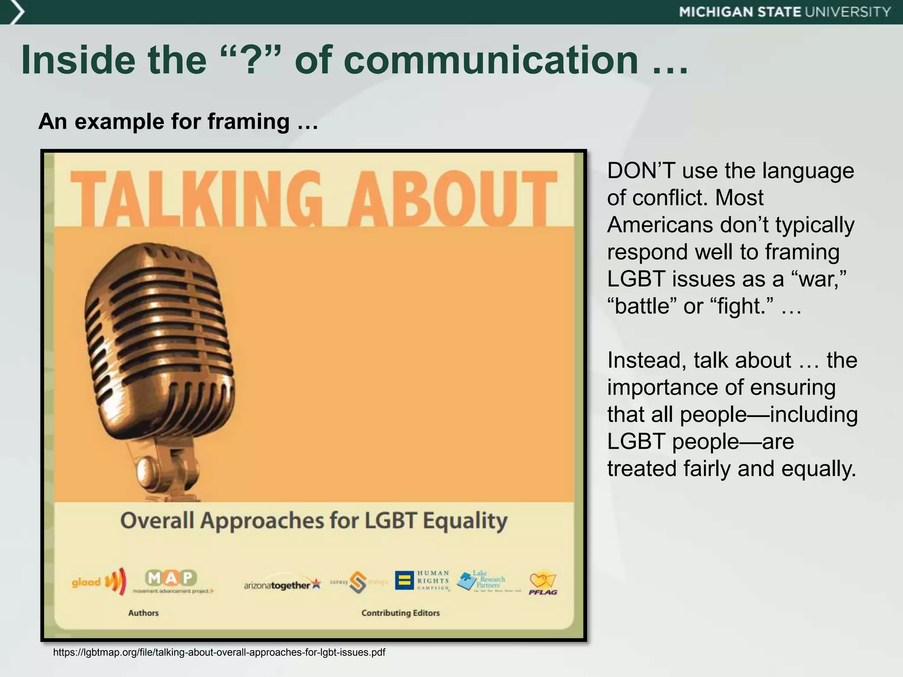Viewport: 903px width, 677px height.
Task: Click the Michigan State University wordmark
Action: coord(785,12)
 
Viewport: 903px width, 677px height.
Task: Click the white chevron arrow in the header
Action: coord(17,12)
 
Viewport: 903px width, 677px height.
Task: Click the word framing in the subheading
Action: coord(248,121)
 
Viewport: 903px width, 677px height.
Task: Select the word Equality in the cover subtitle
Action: coord(465,521)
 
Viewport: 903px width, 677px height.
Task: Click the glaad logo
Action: coord(98,582)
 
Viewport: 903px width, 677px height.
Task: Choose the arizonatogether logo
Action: coord(282,584)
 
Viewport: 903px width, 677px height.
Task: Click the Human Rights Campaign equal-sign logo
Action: coord(403,580)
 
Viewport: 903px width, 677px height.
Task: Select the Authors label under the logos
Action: coord(143,613)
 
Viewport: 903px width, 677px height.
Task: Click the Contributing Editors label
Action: coord(400,613)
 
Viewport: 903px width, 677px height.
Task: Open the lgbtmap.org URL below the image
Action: coord(219,652)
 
